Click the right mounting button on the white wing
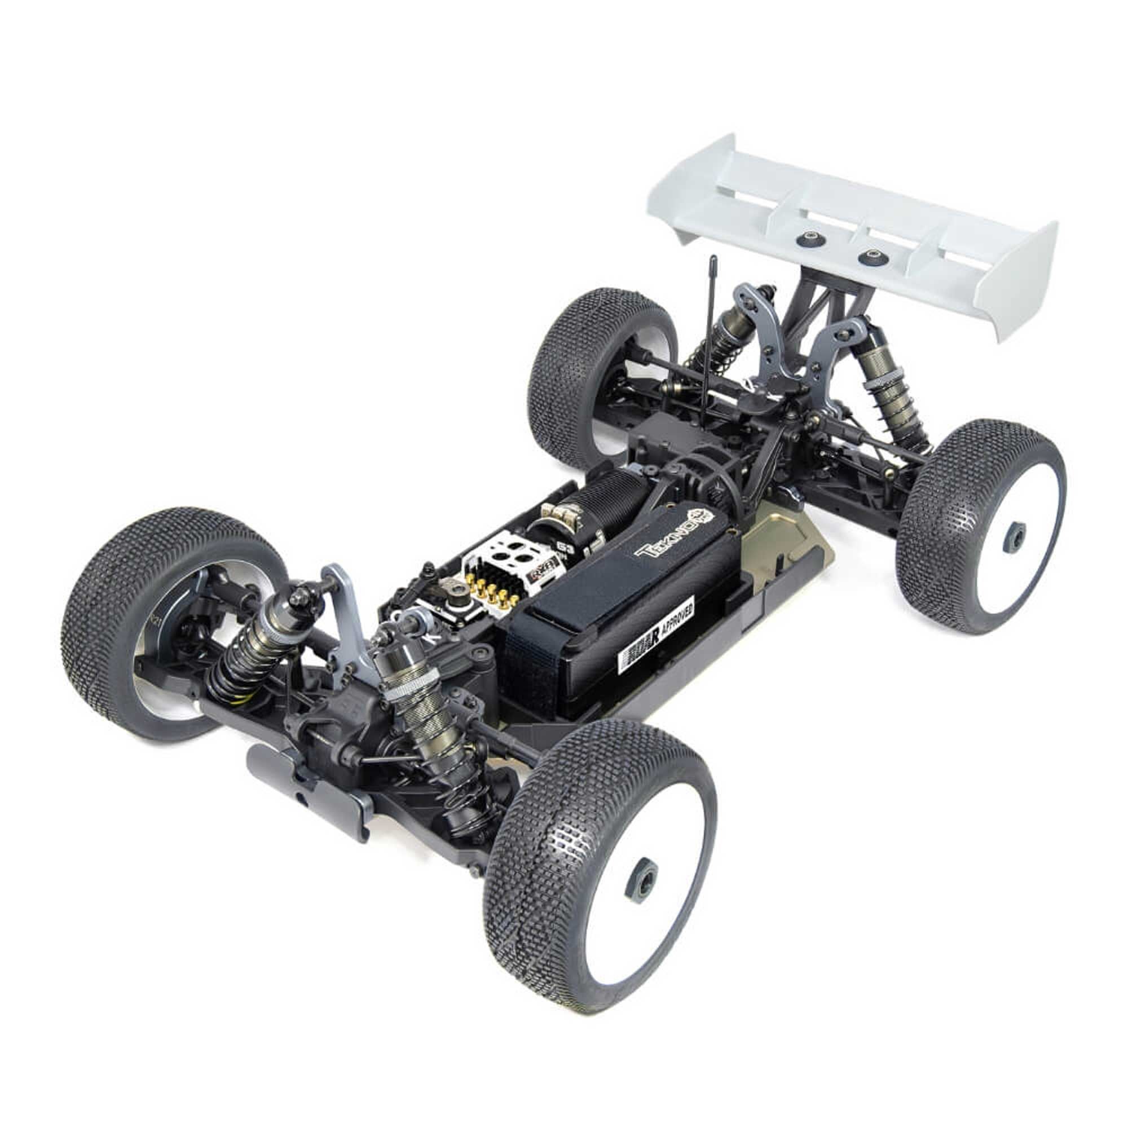871,255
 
